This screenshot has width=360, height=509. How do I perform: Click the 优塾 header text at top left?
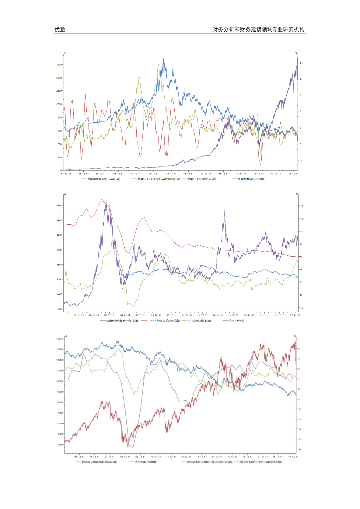point(60,30)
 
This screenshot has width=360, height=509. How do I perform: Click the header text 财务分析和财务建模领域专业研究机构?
point(259,30)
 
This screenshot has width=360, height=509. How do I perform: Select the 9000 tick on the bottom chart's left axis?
point(60,392)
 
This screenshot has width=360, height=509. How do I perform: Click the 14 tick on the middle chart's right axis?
point(301,206)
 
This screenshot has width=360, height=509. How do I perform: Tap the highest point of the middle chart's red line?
point(103,200)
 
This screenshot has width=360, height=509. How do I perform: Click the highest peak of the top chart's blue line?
point(163,59)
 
